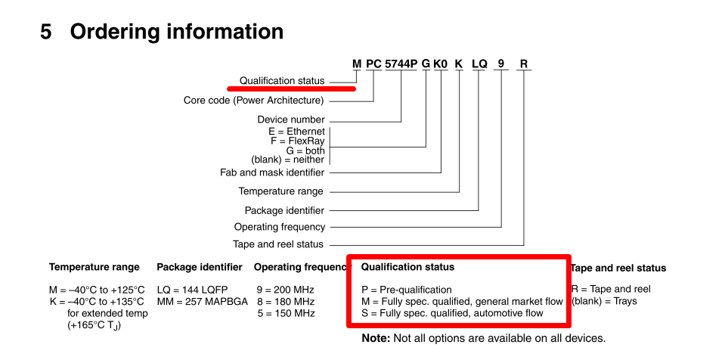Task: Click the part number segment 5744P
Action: (401, 64)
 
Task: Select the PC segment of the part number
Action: (373, 64)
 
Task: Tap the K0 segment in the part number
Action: (441, 64)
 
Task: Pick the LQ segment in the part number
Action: (479, 64)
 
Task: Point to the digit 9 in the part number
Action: (500, 64)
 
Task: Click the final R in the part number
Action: (523, 64)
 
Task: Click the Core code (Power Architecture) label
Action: (253, 100)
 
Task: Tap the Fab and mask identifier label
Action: (271, 172)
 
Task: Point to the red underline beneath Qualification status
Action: (292, 88)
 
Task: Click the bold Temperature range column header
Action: (94, 267)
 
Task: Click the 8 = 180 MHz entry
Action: (284, 302)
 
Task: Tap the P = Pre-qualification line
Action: (406, 290)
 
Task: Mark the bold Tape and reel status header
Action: (618, 268)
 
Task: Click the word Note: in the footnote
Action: (376, 339)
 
